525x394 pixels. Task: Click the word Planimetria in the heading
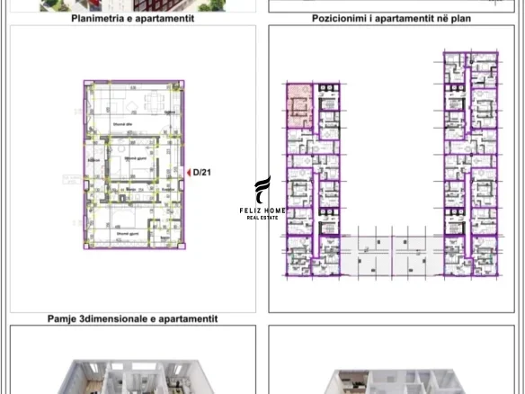tap(101, 18)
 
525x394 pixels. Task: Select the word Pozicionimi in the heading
tap(340, 18)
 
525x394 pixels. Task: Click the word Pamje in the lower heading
tap(64, 318)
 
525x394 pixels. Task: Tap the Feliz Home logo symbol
tap(262, 190)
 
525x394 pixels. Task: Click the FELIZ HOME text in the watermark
tap(262, 210)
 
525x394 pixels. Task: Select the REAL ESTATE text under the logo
tap(262, 218)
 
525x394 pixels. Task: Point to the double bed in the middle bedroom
tap(133, 162)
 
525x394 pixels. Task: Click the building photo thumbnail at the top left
tap(133, 4)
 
